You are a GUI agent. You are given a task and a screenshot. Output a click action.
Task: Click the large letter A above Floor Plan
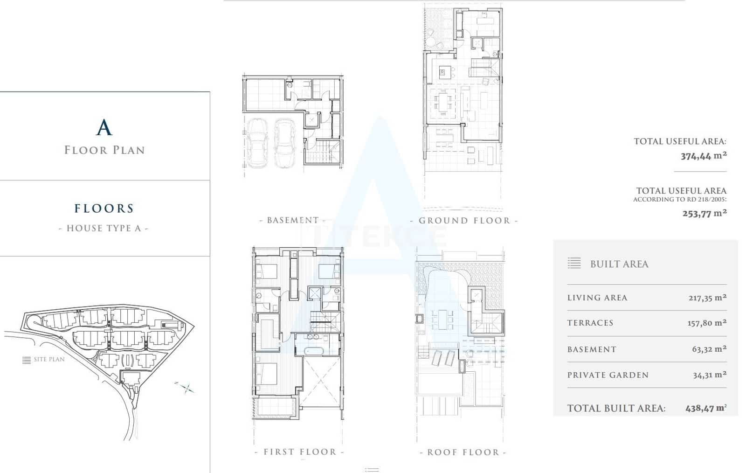[x=104, y=127]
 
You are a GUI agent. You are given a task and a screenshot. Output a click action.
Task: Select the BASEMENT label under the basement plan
[x=293, y=220]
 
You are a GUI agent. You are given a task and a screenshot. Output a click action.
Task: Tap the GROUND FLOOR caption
[x=464, y=221]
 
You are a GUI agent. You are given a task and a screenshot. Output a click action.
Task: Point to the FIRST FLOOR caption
[x=300, y=452]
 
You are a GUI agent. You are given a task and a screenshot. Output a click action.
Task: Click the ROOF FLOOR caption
[x=463, y=452]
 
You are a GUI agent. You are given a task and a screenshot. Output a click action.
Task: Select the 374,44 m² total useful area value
[x=704, y=156]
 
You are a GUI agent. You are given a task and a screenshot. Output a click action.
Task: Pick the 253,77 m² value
[x=705, y=213]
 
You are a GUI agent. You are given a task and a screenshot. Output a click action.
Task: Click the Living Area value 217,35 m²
[x=707, y=298]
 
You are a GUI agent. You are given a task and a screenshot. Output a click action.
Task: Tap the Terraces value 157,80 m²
[x=707, y=323]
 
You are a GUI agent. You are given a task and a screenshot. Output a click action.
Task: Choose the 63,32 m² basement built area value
[x=709, y=349]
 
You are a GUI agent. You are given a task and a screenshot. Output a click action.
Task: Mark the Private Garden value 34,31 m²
[x=710, y=375]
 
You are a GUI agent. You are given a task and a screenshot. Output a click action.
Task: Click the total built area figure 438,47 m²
[x=706, y=408]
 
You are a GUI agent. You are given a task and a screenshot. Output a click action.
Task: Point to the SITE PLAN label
[x=49, y=359]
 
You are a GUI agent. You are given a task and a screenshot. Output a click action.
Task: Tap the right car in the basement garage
[x=284, y=143]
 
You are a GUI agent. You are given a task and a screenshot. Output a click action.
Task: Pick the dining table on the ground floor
[x=443, y=102]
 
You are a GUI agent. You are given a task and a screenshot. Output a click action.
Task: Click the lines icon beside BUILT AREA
[x=574, y=263]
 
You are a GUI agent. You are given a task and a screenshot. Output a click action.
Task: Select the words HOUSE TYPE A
[x=104, y=228]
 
